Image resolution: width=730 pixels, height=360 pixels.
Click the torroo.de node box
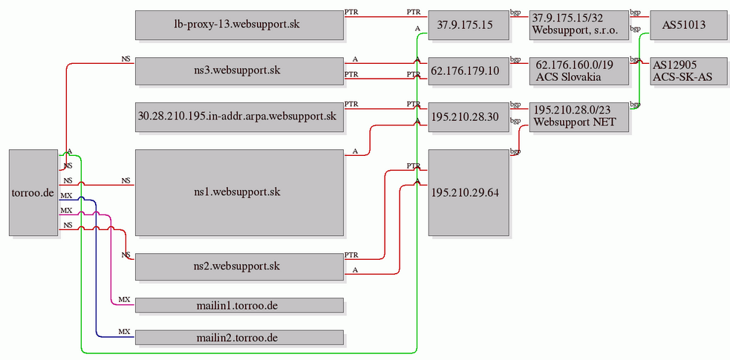coord(34,192)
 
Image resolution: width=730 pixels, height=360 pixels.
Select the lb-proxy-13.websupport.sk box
coord(239,24)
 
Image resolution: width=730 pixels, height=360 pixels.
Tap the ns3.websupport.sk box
coord(239,71)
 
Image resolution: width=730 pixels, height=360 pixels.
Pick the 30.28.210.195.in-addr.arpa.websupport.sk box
coord(239,117)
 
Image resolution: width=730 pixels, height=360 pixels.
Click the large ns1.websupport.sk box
coord(239,192)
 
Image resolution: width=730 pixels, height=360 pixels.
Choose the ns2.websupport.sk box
coord(239,266)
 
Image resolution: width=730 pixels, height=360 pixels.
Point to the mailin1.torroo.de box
coord(239,305)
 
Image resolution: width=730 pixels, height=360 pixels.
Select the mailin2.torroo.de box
coord(239,337)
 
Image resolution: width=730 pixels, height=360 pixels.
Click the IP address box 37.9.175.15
coord(469,24)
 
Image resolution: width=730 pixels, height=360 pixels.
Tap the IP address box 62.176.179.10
coord(469,71)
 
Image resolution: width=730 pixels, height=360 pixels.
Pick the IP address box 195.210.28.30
coord(469,117)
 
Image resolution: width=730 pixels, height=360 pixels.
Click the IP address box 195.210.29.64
coord(469,192)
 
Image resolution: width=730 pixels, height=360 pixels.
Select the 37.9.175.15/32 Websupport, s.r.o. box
coord(579,24)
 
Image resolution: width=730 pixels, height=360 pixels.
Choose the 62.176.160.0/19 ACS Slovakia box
coord(579,71)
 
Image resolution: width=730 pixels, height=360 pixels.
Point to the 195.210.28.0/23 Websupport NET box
coord(579,117)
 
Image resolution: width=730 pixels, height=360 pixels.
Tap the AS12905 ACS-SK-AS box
coord(688,71)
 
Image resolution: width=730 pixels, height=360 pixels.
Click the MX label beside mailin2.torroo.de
coord(124,332)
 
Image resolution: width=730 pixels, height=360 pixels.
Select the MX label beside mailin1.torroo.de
coord(124,299)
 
